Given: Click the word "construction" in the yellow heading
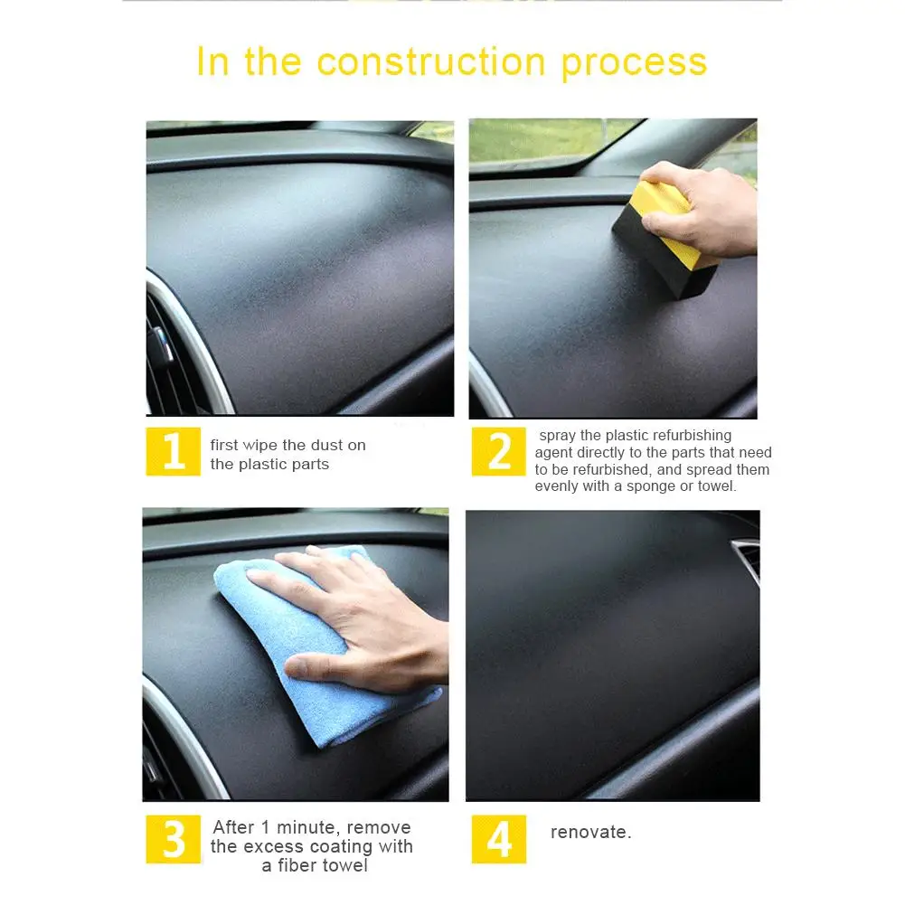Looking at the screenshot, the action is pos(431,61).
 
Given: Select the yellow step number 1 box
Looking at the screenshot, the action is pos(174,451).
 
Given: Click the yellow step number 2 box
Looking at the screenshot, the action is pos(499,451).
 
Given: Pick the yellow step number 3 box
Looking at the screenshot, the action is pos(174,839).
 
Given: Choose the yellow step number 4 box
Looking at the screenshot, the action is pos(499,839).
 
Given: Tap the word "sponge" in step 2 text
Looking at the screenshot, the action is pos(651,486).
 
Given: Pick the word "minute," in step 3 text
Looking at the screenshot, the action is pos(309,827).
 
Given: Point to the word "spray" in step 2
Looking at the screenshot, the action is pos(558,437).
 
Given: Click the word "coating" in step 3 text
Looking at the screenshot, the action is pos(341,847).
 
